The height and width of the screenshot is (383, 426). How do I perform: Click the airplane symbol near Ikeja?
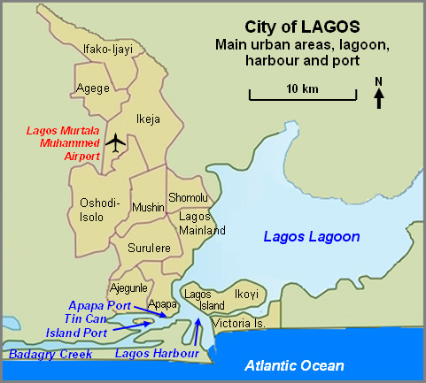pyautogui.click(x=115, y=141)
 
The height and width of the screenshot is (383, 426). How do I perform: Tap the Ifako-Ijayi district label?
pyautogui.click(x=107, y=50)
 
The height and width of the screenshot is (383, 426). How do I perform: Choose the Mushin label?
pyautogui.click(x=148, y=208)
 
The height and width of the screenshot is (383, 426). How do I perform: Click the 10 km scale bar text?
pyautogui.click(x=302, y=90)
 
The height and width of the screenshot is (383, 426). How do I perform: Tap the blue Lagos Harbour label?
pyautogui.click(x=156, y=355)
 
